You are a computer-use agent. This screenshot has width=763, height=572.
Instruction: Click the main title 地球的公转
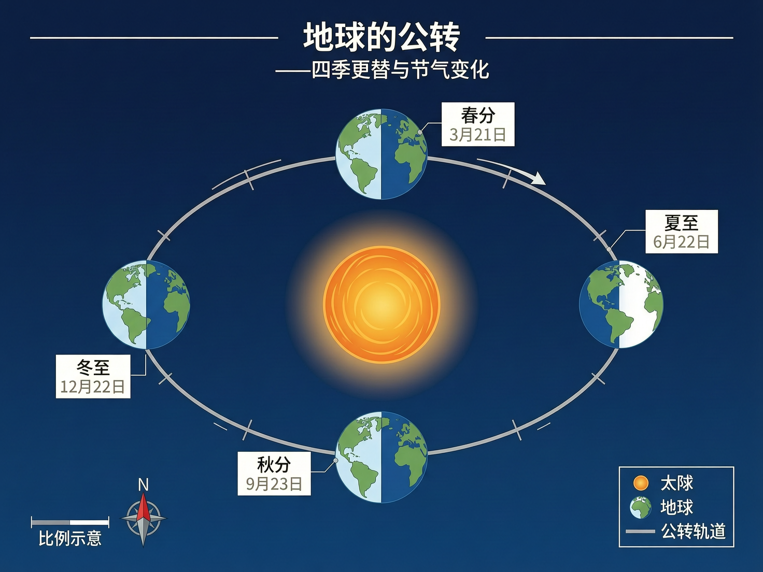(381, 37)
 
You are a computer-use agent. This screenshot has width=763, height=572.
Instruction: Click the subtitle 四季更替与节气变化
(400, 70)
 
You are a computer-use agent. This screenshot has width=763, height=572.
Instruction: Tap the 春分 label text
(478, 115)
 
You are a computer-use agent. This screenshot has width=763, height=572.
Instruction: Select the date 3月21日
(478, 135)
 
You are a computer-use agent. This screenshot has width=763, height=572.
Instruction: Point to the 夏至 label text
(682, 223)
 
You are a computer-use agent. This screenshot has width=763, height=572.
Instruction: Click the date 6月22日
(682, 242)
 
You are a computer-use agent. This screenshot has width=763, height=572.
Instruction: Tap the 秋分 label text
(274, 464)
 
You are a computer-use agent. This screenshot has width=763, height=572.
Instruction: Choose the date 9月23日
(274, 484)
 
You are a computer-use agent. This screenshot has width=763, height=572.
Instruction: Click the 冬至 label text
(93, 367)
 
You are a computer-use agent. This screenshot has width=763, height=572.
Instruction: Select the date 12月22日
(93, 387)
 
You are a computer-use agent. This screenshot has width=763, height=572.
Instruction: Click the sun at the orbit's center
(381, 305)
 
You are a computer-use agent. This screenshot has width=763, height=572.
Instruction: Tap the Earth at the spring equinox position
(381, 154)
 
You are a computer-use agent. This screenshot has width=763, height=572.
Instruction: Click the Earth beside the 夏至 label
(621, 304)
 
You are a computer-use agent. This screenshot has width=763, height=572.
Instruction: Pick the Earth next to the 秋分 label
(381, 457)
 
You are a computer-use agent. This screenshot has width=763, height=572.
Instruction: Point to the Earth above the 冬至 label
(146, 305)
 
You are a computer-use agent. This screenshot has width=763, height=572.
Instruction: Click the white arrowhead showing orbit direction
(540, 179)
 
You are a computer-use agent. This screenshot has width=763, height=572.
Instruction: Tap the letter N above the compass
(144, 485)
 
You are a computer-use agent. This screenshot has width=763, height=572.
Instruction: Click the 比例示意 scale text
(70, 539)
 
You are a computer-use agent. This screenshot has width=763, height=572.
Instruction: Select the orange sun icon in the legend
(641, 483)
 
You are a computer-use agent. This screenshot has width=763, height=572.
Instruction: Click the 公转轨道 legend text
(693, 532)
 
